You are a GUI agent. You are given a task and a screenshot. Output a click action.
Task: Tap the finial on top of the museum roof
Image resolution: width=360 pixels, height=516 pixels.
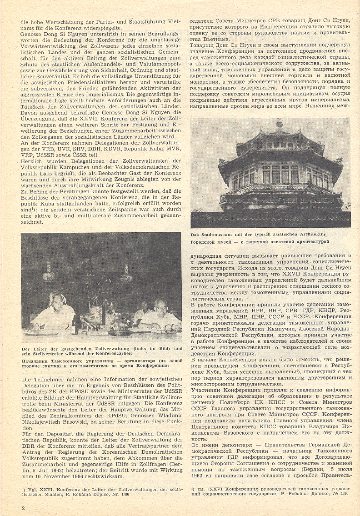pyautogui.click(x=279, y=125)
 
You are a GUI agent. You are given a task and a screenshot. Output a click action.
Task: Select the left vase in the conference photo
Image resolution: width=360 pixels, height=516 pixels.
pyautogui.click(x=47, y=273)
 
